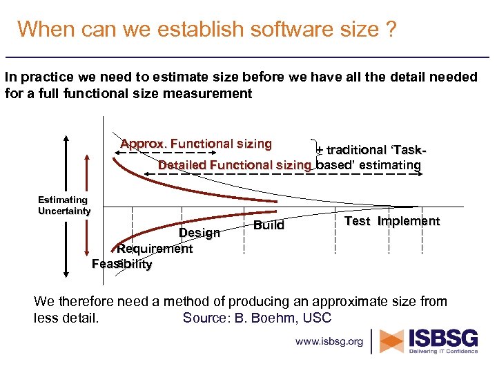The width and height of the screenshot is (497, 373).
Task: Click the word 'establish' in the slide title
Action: point(190,30)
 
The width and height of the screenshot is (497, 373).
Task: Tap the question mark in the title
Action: point(391,30)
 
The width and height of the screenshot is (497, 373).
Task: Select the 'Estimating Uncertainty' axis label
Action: point(64,205)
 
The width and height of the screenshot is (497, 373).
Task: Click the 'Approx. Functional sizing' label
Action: point(196,144)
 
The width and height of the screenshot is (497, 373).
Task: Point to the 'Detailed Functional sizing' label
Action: point(235,165)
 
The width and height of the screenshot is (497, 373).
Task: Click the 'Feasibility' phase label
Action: point(122,264)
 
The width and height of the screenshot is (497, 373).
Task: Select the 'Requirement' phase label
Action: point(155,249)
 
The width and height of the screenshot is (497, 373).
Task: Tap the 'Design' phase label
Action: point(199,233)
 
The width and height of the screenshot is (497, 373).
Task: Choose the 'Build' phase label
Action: point(269,225)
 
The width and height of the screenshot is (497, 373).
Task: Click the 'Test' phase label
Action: point(357,221)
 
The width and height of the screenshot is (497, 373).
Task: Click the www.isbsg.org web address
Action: point(329,341)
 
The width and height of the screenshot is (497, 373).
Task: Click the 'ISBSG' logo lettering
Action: point(444,338)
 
